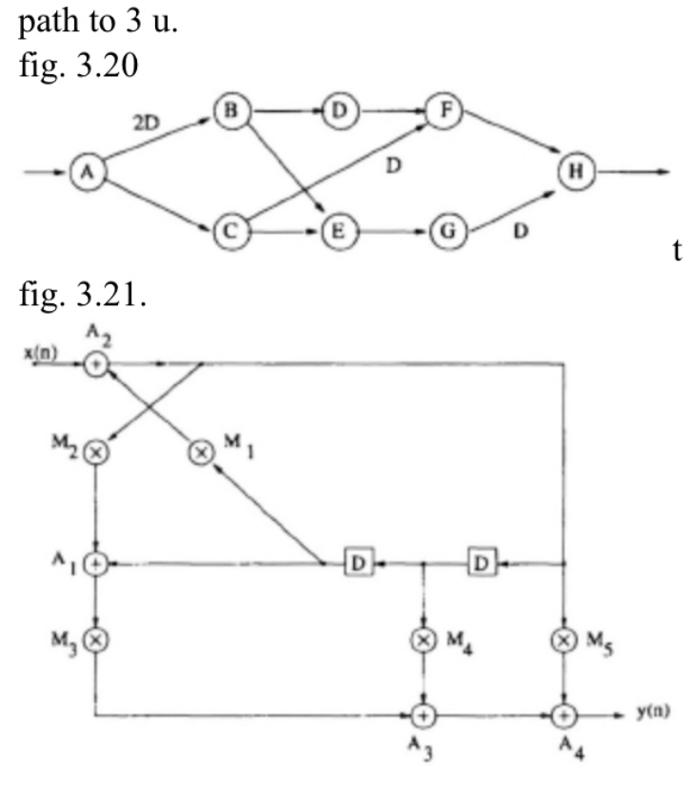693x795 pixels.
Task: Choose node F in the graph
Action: point(444,111)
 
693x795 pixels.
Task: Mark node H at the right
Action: point(576,173)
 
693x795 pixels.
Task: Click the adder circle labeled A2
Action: point(96,362)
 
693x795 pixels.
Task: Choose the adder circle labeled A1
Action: point(96,563)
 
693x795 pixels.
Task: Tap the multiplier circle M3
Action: point(96,638)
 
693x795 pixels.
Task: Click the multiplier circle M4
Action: point(422,638)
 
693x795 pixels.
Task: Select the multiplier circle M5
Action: point(565,638)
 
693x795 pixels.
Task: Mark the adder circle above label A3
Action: point(422,712)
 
